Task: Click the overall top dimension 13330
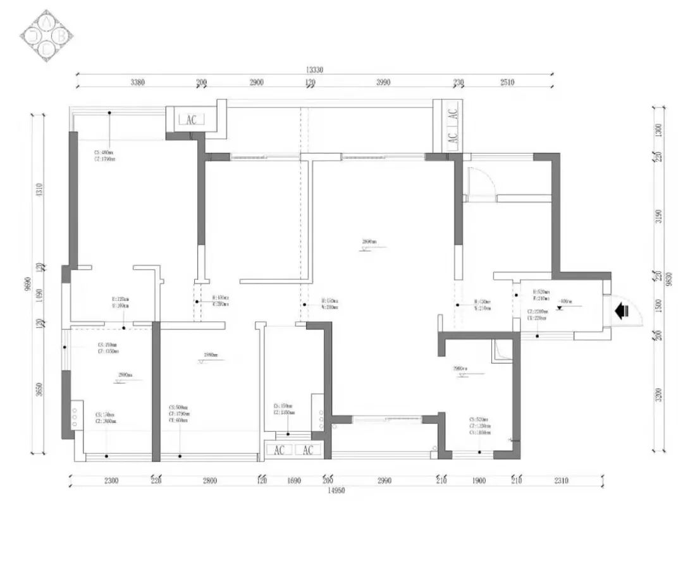click(315, 70)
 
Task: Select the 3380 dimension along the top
click(138, 82)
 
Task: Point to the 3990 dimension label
click(383, 82)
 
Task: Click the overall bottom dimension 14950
click(335, 490)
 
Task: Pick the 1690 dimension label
click(293, 481)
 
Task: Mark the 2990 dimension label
click(384, 481)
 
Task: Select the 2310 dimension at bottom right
click(561, 481)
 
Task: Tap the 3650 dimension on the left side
click(39, 388)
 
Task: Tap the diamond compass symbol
click(47, 35)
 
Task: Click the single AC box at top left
click(192, 120)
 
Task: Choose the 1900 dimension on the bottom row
click(479, 481)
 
